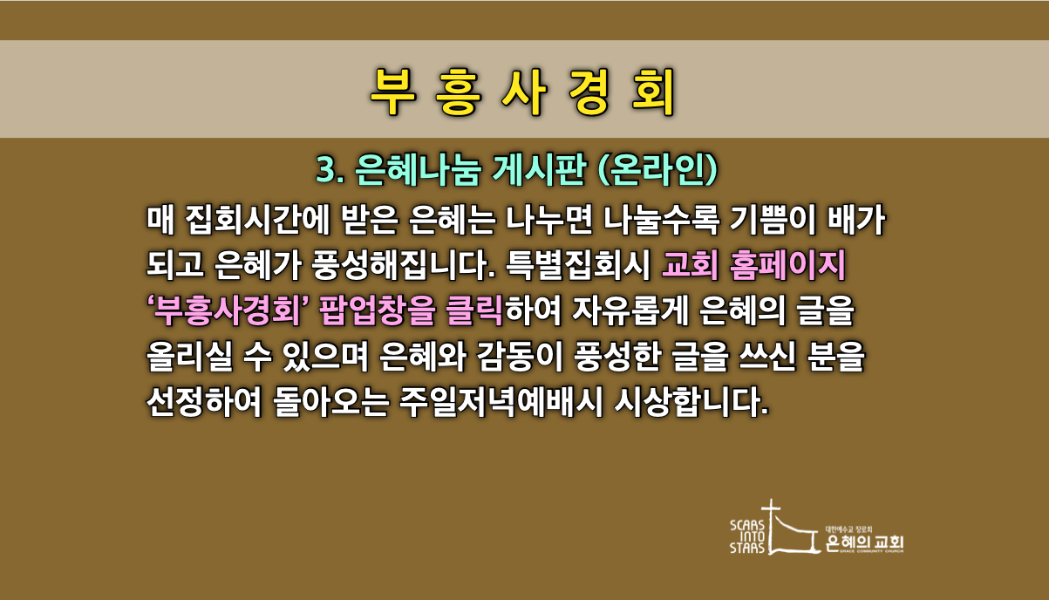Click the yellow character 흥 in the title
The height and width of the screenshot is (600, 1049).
459,92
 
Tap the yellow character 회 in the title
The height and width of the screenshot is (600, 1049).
653,92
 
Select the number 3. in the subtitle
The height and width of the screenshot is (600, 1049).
330,169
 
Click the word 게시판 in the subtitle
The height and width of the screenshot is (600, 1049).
539,169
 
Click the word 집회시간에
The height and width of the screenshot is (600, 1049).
258,219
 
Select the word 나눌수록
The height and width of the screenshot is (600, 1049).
661,219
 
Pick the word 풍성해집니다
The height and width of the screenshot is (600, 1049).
404,265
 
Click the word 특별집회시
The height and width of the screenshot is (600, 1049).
578,265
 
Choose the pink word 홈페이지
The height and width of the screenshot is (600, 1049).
787,265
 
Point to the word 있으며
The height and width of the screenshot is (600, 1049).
325,357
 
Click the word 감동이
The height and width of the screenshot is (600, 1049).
520,357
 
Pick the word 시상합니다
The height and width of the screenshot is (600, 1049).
691,402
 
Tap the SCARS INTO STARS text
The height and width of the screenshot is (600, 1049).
747,536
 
